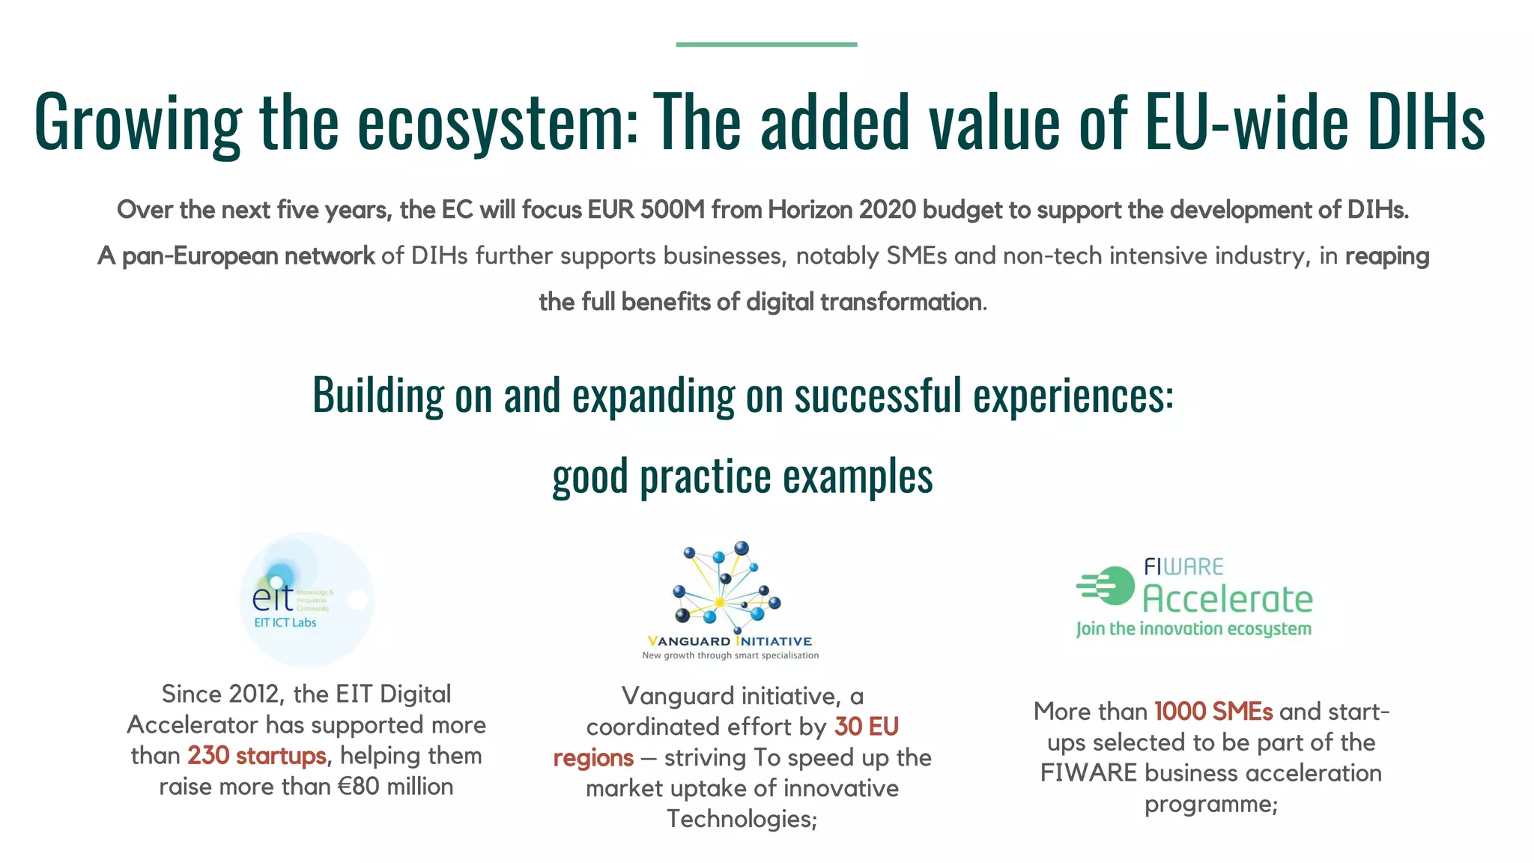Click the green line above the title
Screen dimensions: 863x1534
pyautogui.click(x=766, y=45)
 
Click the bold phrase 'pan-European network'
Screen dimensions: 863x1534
pyautogui.click(x=248, y=256)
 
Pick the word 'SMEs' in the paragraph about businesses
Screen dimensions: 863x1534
pyautogui.click(x=917, y=256)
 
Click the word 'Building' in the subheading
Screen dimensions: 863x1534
pyautogui.click(x=378, y=395)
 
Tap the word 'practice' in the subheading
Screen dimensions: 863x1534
pyautogui.click(x=705, y=476)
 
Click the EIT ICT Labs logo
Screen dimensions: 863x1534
pyautogui.click(x=306, y=599)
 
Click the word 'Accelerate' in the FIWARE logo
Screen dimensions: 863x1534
pyautogui.click(x=1227, y=599)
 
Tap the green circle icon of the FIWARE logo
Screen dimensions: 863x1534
pyautogui.click(x=1114, y=586)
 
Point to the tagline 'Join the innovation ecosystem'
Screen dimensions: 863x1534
pyautogui.click(x=1194, y=629)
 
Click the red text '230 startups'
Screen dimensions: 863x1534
pyautogui.click(x=257, y=756)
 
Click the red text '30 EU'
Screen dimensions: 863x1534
pyautogui.click(x=867, y=727)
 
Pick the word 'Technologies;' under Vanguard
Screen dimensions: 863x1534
pyautogui.click(x=742, y=819)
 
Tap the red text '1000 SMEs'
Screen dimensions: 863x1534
pyautogui.click(x=1213, y=712)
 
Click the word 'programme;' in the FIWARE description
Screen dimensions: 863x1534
pyautogui.click(x=1210, y=805)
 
